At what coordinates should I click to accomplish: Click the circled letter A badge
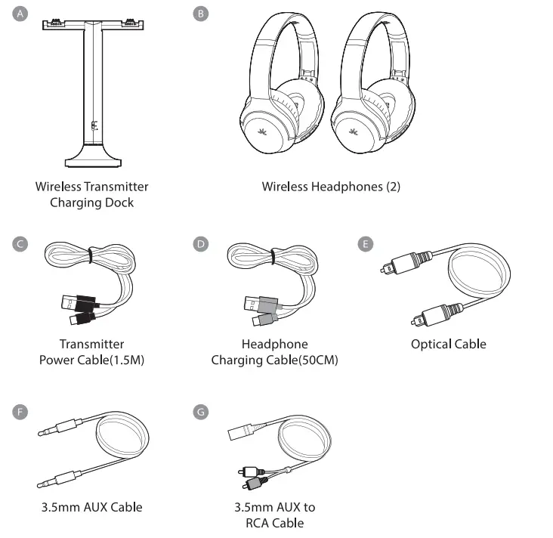click(21, 15)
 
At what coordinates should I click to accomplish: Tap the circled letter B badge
click(200, 15)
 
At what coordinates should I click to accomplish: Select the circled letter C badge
click(21, 244)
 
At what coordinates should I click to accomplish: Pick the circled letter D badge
click(200, 244)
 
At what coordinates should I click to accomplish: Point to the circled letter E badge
click(366, 244)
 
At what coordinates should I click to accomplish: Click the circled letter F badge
click(21, 412)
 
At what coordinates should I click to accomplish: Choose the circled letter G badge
click(200, 412)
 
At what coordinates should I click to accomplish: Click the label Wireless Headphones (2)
click(331, 186)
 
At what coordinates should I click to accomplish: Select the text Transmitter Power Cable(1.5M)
click(91, 352)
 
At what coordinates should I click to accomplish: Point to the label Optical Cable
click(448, 344)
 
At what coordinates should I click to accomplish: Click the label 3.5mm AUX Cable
click(91, 507)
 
